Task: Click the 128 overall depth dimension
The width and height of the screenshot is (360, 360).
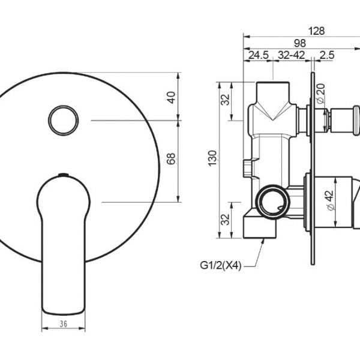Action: point(317,30)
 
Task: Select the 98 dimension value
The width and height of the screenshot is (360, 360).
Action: point(301,43)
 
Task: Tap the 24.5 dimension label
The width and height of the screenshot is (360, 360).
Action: point(259,55)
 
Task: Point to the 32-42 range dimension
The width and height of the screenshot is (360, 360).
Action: point(292,55)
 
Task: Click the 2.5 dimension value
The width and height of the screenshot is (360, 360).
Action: point(327,55)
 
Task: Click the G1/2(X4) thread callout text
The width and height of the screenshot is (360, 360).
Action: point(221,265)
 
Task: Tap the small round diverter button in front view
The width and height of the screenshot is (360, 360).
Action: point(62,121)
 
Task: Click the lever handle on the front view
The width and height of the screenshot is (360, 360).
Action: point(62,240)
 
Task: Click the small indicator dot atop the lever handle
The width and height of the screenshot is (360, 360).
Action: point(62,176)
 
